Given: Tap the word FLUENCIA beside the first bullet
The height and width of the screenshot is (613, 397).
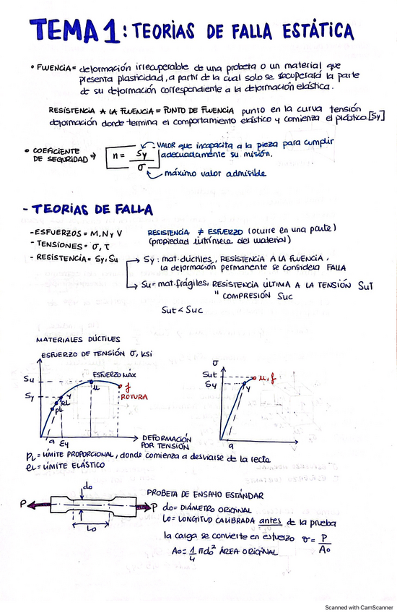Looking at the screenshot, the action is point(54,67).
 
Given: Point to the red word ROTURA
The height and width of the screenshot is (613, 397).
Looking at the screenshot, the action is point(135,397).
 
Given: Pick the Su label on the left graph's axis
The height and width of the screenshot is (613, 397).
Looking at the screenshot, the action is point(30,379).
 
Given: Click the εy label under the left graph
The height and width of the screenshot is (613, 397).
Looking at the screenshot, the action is point(64,442).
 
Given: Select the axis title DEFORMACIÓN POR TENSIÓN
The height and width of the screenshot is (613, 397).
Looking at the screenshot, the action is point(167,442).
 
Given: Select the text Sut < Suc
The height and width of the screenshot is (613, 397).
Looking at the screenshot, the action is point(181,310).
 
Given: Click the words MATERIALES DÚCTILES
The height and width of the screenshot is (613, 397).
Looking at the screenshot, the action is point(78,338).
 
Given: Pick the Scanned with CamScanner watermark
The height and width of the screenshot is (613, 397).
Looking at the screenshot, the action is point(357,607).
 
